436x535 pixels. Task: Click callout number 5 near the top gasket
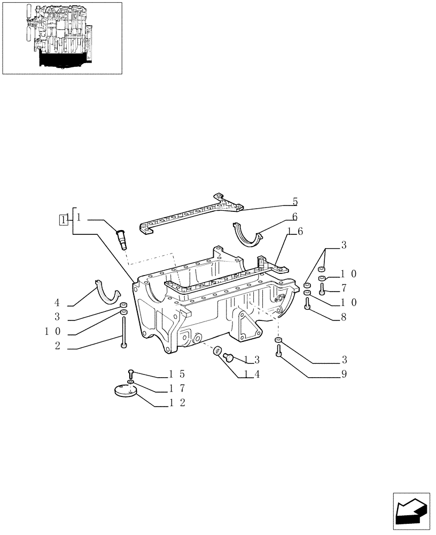295,202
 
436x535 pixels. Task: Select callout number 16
295,231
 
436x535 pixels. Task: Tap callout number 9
344,374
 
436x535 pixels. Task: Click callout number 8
344,317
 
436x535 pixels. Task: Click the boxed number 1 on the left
64,219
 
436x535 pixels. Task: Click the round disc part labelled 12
126,392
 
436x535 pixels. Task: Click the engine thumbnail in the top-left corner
62,38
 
